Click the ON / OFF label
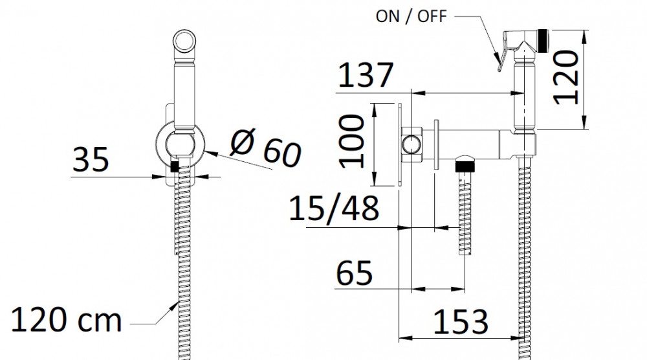tap(411, 16)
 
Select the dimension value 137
tap(366, 75)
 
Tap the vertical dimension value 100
tap(352, 141)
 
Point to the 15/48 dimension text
tap(334, 209)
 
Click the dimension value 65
tap(355, 273)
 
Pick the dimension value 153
tap(461, 322)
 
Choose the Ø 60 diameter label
tap(266, 148)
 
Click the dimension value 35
tap(91, 159)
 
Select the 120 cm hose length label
tap(67, 320)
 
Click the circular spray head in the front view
tap(184, 41)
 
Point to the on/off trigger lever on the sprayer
tap(503, 52)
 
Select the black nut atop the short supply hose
tap(465, 167)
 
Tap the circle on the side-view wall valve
tap(411, 144)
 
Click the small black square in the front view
tap(175, 166)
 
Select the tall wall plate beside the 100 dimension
tap(399, 144)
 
